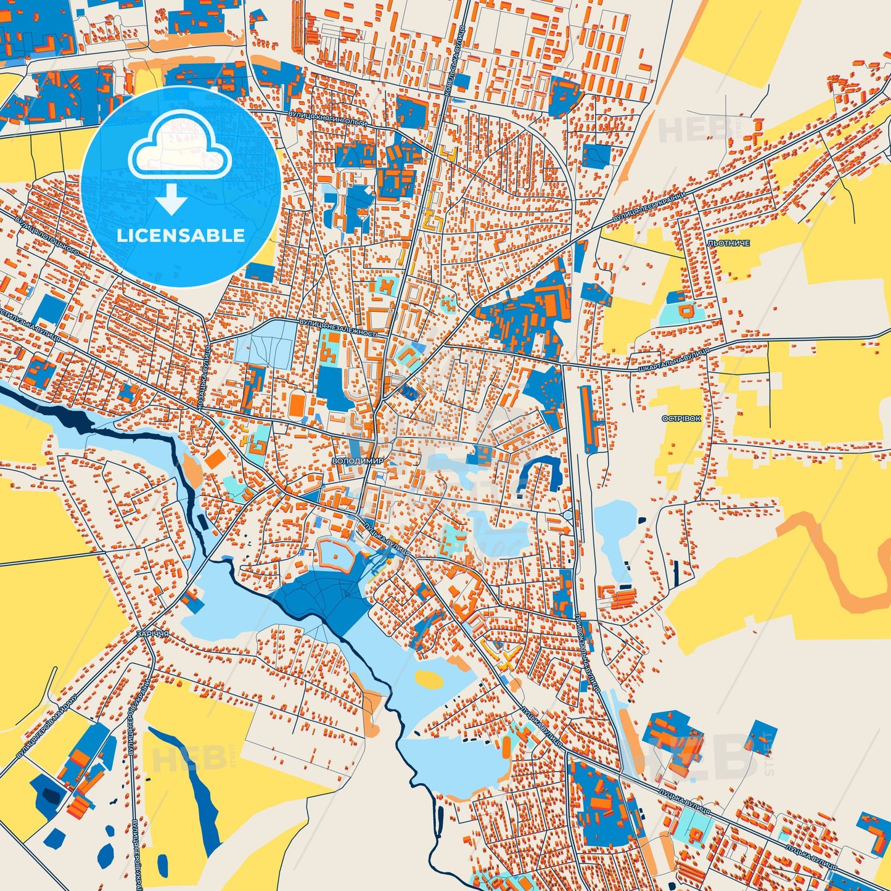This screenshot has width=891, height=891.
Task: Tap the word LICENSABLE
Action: [181, 236]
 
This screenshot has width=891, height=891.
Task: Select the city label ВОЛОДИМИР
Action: [357, 461]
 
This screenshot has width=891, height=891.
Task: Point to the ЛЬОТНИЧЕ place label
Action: [729, 244]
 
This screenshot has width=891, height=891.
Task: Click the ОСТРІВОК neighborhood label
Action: [681, 418]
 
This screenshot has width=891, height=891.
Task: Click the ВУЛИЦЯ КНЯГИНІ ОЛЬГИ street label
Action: [327, 118]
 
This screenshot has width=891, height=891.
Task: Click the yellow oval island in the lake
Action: [429, 679]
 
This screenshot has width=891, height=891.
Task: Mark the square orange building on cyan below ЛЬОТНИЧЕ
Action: [686, 310]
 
